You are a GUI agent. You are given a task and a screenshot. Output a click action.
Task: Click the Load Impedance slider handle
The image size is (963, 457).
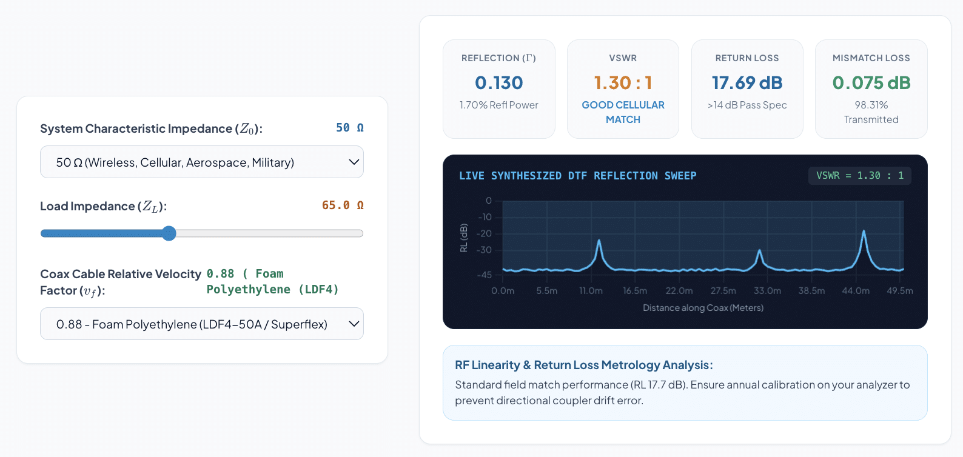[x=169, y=233]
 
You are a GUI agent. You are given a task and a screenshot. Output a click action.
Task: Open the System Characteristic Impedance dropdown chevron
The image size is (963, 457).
[x=354, y=162]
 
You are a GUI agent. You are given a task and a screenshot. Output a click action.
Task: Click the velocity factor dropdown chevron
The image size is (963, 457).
[x=354, y=324]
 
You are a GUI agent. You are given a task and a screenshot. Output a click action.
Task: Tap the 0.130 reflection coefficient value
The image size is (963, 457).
[x=498, y=82]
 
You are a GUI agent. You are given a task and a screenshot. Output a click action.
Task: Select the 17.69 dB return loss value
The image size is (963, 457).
[x=747, y=82]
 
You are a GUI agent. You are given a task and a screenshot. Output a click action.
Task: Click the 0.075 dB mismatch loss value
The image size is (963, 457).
[x=871, y=82]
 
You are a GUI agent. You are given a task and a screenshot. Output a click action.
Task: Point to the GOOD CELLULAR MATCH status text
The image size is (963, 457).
[x=623, y=112]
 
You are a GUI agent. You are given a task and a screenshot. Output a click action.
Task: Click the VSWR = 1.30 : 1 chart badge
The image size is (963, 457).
[x=859, y=176]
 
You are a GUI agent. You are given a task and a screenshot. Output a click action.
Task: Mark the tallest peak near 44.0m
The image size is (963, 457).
[x=864, y=231]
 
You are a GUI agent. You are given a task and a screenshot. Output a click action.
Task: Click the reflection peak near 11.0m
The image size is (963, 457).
[x=599, y=241]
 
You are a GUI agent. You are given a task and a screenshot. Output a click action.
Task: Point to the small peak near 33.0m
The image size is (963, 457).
[x=760, y=250]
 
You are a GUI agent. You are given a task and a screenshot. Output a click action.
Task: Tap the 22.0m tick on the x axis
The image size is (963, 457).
[x=679, y=291]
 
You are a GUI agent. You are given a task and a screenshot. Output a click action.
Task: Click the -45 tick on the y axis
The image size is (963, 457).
[x=484, y=275]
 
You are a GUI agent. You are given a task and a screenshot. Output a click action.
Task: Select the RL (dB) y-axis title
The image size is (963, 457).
[x=463, y=238]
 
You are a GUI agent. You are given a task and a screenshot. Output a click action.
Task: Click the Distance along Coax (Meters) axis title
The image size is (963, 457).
[x=703, y=307]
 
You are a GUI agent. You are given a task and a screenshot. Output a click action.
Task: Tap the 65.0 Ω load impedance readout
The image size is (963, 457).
[x=343, y=205]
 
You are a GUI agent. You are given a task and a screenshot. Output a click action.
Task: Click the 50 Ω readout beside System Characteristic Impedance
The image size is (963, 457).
[x=349, y=127]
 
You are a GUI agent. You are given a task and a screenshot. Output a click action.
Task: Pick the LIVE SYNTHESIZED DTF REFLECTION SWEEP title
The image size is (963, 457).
[x=577, y=176]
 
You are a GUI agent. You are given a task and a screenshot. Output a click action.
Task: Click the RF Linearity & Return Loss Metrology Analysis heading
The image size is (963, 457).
[x=584, y=365]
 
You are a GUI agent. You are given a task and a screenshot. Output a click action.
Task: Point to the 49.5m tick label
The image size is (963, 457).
[x=900, y=291]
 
